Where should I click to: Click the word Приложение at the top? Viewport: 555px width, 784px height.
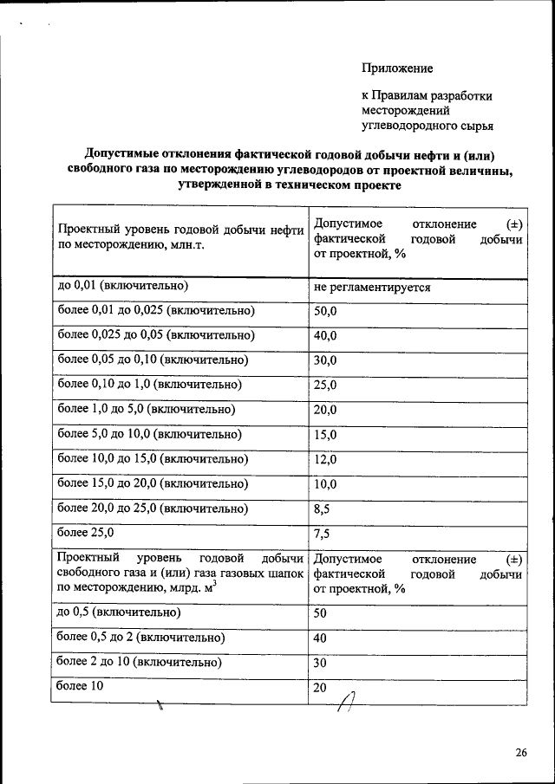[x=396, y=68]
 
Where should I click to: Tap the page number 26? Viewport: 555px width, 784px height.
[x=521, y=752]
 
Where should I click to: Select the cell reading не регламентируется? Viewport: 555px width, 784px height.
[x=373, y=286]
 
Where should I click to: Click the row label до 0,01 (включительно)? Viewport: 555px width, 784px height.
[x=123, y=285]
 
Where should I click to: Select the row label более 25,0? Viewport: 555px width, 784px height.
[x=85, y=533]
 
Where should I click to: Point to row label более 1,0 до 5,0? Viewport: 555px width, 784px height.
[x=146, y=409]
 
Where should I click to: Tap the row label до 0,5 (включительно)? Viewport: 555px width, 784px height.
[x=119, y=612]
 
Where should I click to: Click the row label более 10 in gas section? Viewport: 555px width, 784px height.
[x=81, y=686]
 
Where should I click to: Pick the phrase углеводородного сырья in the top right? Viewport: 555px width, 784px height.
[x=428, y=126]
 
